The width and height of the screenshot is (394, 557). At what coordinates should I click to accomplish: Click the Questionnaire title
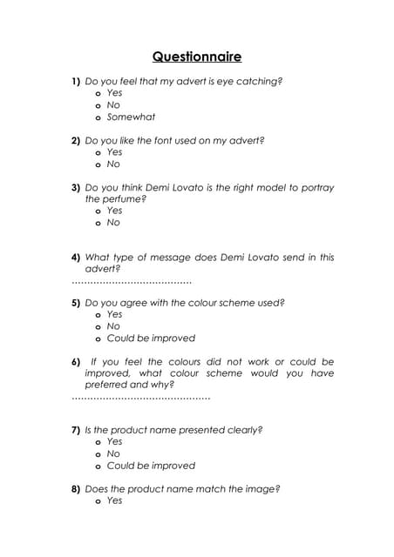click(197, 57)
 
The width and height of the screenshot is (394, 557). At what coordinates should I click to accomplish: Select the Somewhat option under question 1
click(131, 117)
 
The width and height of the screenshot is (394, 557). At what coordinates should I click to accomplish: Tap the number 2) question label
click(76, 140)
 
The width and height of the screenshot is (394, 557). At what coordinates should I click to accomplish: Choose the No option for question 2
click(113, 164)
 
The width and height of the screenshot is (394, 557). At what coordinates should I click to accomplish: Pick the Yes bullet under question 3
click(98, 211)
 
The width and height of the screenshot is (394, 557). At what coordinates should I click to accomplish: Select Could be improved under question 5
click(151, 338)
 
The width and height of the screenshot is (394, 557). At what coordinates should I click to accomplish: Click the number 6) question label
click(76, 361)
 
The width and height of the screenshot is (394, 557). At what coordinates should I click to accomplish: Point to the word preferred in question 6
click(105, 384)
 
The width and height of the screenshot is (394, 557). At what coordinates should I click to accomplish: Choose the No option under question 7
click(113, 453)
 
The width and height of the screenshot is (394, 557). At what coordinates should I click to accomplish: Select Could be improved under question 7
click(151, 466)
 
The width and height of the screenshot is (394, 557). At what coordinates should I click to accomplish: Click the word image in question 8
click(262, 489)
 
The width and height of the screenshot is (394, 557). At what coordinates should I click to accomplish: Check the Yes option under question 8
click(114, 500)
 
